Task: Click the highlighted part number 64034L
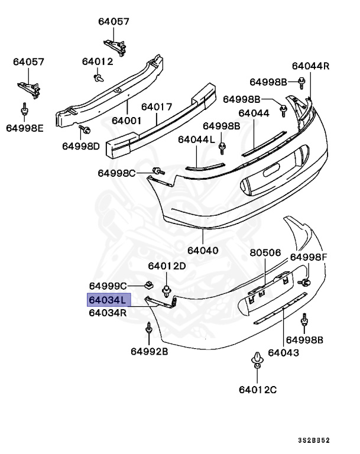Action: pyautogui.click(x=107, y=300)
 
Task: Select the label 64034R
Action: pyautogui.click(x=108, y=313)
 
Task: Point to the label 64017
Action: pyautogui.click(x=156, y=107)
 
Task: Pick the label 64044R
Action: pyautogui.click(x=310, y=66)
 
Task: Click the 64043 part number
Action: pyautogui.click(x=283, y=353)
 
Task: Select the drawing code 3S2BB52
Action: pyautogui.click(x=313, y=441)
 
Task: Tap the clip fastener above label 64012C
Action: pyautogui.click(x=258, y=361)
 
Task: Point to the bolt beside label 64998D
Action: pyautogui.click(x=84, y=129)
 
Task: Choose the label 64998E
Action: pyautogui.click(x=25, y=127)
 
